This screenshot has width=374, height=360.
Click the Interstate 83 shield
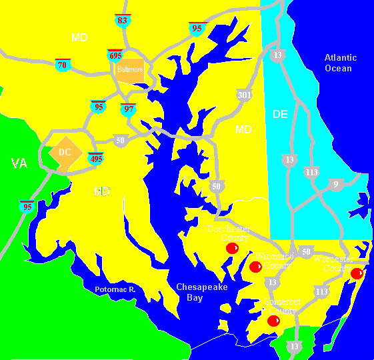[x=121, y=20]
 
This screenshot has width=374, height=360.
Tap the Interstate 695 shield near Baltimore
[x=115, y=55]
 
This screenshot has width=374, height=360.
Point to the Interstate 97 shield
[x=127, y=109]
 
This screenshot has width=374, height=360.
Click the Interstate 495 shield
[x=96, y=158]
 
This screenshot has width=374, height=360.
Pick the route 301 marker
[x=245, y=95]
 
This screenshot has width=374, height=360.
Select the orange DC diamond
[x=65, y=152]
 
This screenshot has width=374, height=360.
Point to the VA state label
[x=19, y=163]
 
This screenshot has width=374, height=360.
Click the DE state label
[x=280, y=115]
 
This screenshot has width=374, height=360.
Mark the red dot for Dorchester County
[x=232, y=248]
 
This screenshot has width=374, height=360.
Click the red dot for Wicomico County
[x=255, y=267]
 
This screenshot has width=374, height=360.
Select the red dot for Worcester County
[x=357, y=273]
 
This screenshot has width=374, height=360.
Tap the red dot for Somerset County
[x=273, y=321]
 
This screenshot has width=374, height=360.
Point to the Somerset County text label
[x=282, y=306]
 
